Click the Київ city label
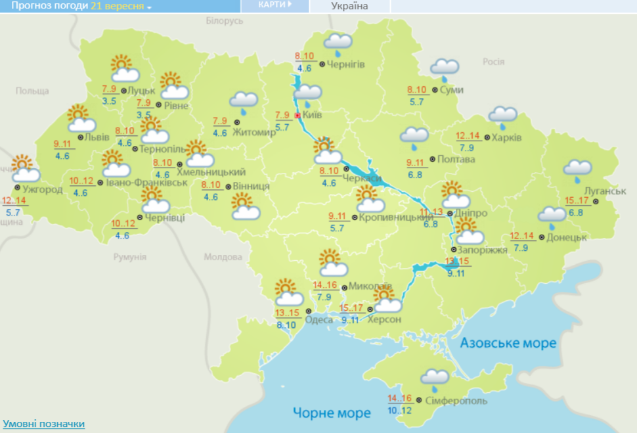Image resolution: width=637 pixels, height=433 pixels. [313, 116]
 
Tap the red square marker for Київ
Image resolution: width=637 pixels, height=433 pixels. [297, 116]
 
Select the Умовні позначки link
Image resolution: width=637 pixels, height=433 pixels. [43, 424]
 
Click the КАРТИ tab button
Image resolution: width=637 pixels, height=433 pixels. [275, 5]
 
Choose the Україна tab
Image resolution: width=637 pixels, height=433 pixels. [349, 6]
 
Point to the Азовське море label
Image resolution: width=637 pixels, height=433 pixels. [508, 343]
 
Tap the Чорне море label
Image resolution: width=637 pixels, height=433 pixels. [332, 413]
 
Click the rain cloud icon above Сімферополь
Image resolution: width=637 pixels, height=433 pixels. [435, 378]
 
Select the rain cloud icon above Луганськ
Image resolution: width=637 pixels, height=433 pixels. [578, 170]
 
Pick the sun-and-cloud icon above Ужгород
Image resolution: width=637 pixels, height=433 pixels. [25, 169]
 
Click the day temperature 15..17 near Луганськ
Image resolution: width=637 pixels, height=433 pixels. [576, 200]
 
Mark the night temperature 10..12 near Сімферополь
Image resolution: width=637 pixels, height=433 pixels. [401, 411]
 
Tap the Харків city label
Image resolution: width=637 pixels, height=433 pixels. [508, 138]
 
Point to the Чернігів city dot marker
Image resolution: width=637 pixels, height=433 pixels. [322, 64]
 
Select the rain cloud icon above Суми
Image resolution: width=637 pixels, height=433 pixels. [445, 68]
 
